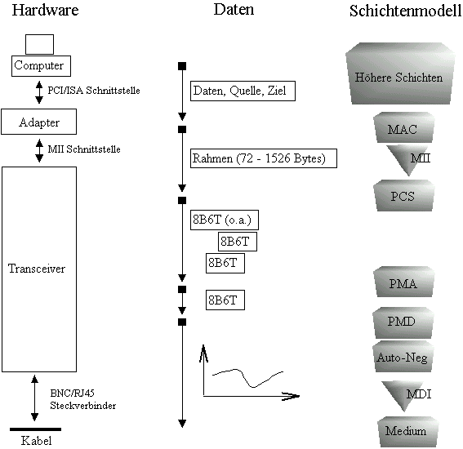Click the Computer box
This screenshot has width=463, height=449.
[x=41, y=66]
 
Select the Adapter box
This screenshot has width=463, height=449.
[x=38, y=122]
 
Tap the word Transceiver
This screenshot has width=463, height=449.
[x=37, y=269]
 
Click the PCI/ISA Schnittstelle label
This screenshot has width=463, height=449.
[x=94, y=91]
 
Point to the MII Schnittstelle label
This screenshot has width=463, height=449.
[x=84, y=149]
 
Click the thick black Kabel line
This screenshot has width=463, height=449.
[x=35, y=429]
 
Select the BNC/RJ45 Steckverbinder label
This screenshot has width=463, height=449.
[x=83, y=399]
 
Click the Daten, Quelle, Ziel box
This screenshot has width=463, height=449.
[x=243, y=91]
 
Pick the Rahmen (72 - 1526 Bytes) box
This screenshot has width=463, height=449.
[x=264, y=158]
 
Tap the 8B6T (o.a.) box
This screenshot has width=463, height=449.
[x=225, y=220]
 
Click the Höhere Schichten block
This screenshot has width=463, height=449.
[x=400, y=73]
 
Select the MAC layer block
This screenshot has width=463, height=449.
[x=403, y=127]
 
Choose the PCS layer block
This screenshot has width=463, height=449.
[x=403, y=195]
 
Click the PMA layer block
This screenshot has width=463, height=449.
[x=403, y=282]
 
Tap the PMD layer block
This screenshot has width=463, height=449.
[x=403, y=322]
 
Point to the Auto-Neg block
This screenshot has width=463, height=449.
[x=403, y=356]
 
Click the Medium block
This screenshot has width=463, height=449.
[x=407, y=432]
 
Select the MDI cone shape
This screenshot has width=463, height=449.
[x=403, y=395]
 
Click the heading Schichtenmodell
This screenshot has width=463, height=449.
[x=406, y=11]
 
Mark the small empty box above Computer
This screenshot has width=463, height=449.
[x=39, y=45]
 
